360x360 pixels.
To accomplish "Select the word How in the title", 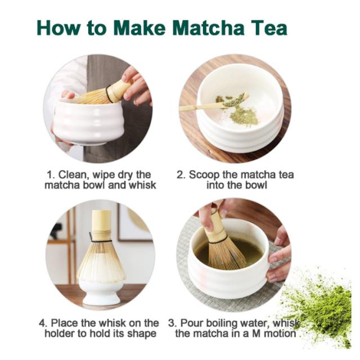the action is pyautogui.click(x=58, y=28).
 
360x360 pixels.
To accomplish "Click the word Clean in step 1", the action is pyautogui.click(x=74, y=175).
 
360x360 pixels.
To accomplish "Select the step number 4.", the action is pyautogui.click(x=42, y=323).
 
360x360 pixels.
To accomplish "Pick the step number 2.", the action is pyautogui.click(x=181, y=175).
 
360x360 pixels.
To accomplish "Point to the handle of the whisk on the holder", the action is pyautogui.click(x=102, y=223).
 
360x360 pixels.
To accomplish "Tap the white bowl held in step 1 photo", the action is pyautogui.click(x=89, y=122).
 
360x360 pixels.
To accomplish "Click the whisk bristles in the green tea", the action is pyautogui.click(x=226, y=252).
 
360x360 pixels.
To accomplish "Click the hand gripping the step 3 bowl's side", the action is pyautogui.click(x=278, y=255).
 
